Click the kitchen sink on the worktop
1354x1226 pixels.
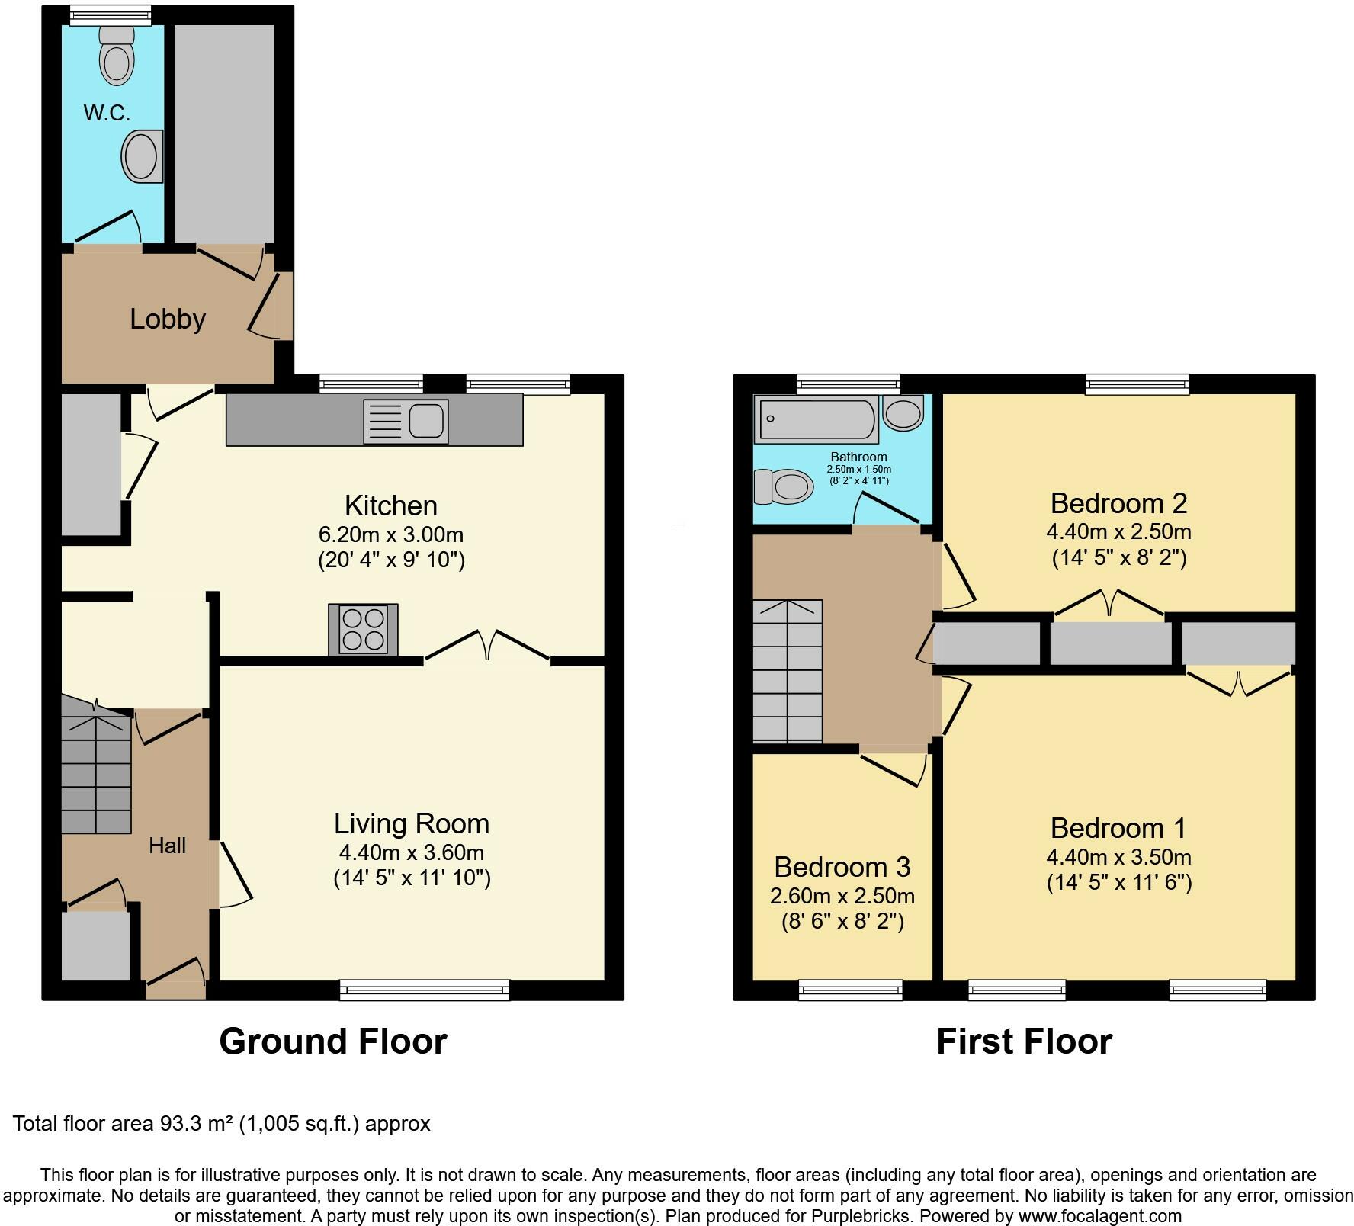pos(406,421)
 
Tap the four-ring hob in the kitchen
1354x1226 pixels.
pos(363,629)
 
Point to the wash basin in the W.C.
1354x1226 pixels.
pos(143,156)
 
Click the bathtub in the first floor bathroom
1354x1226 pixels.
pos(816,419)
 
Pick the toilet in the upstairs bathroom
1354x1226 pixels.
pos(783,486)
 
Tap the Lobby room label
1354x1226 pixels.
pos(168,319)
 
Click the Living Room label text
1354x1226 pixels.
pos(412,823)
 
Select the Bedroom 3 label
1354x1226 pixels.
pos(842,867)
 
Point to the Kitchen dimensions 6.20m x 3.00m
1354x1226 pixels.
pos(391,534)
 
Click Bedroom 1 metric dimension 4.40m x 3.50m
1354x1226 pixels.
pos(1119,857)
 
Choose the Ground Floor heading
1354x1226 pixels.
pos(333,1041)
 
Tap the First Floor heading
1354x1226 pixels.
pos(1025,1041)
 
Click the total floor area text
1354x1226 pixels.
pos(222,1124)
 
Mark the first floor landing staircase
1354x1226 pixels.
pos(788,671)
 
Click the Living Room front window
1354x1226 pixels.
pos(425,990)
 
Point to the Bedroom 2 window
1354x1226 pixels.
pos(1137,384)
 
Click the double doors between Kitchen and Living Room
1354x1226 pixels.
pos(487,645)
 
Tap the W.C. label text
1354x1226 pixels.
pos(107,113)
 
